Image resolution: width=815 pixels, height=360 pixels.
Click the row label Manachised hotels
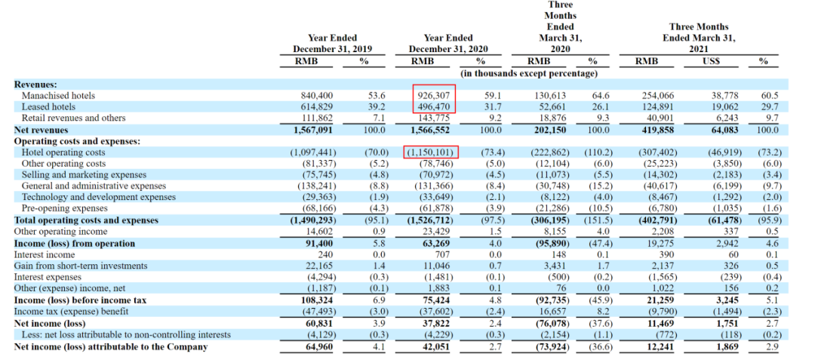coord(63,96)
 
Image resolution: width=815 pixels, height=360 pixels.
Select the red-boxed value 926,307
coord(438,96)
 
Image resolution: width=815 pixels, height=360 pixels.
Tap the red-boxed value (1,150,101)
coord(432,152)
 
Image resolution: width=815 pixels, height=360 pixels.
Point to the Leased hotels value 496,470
coord(438,107)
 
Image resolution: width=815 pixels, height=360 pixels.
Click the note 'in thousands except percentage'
coord(529,73)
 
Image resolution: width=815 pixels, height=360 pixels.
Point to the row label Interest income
coord(47,254)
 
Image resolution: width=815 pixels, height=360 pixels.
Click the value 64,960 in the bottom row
coord(318,347)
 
